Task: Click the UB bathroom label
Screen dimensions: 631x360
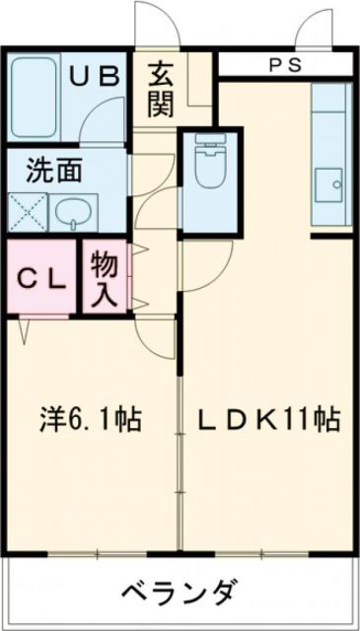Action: tap(97, 76)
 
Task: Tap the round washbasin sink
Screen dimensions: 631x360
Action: tap(70, 211)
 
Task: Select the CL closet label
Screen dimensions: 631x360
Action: tap(40, 278)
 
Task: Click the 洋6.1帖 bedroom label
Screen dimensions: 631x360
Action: tap(91, 421)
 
